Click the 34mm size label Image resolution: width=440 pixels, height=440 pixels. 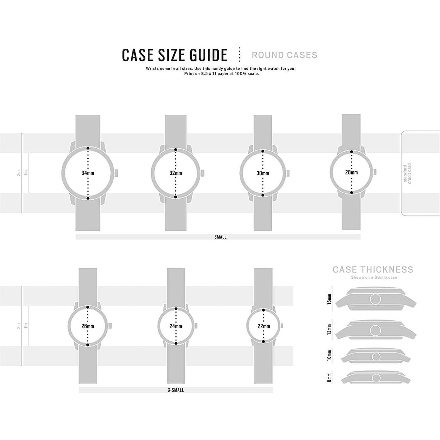(88, 173)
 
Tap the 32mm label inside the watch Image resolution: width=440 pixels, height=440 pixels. (176, 173)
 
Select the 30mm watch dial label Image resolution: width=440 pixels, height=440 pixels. (263, 173)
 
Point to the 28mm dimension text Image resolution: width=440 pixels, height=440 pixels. (351, 172)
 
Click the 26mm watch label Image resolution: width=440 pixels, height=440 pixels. (88, 326)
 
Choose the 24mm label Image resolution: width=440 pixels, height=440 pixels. (176, 326)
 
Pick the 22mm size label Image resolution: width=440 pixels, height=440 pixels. (264, 326)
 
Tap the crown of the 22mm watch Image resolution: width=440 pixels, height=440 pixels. (282, 326)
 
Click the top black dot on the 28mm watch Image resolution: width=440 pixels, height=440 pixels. (352, 152)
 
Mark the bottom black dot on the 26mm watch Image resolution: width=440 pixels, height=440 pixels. (88, 345)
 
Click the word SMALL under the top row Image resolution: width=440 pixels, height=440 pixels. (220, 237)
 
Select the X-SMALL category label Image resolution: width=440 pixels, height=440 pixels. (176, 390)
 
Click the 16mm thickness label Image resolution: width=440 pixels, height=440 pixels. (329, 299)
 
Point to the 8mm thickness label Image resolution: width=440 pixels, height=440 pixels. (329, 378)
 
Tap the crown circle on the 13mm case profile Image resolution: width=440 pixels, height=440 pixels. (375, 330)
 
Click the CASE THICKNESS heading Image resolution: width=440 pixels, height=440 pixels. (373, 270)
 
